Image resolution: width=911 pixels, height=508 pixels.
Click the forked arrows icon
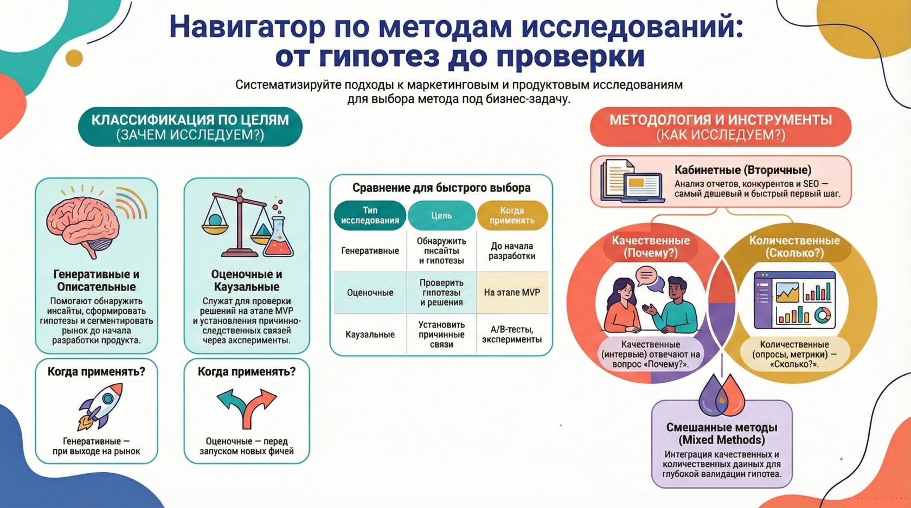(x=247, y=407)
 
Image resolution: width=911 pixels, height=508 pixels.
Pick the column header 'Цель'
(x=441, y=216)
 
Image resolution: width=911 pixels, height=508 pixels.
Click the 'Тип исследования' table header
(x=370, y=216)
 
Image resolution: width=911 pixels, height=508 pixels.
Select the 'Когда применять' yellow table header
(x=512, y=216)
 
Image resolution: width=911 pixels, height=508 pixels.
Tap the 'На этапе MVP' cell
(x=512, y=293)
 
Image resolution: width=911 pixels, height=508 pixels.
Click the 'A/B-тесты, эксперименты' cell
(x=512, y=335)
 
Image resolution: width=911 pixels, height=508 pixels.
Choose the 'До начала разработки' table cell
(x=512, y=251)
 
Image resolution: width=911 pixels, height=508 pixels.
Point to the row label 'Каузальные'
(x=370, y=335)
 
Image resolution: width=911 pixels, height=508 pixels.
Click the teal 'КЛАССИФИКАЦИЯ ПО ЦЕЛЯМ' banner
(x=190, y=127)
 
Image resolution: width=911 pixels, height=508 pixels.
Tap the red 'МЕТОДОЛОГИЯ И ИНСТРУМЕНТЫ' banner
(x=720, y=127)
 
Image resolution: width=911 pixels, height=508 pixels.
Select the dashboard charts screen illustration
(x=794, y=300)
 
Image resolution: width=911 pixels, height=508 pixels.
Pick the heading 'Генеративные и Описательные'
(x=97, y=280)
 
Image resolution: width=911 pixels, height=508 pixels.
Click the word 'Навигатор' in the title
(x=247, y=27)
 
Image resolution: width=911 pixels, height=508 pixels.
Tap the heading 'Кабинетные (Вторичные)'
(x=743, y=170)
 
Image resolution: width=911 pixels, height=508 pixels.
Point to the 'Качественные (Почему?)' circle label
(x=651, y=247)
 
